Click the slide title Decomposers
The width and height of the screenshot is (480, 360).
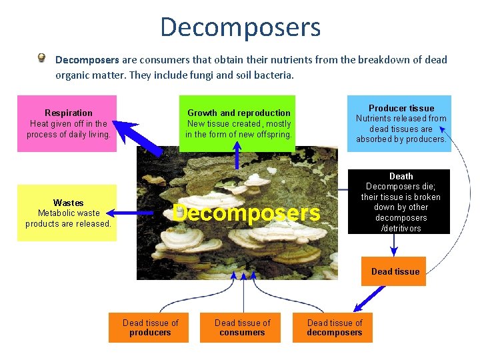point(240,27)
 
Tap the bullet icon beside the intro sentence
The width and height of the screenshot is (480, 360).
point(42,59)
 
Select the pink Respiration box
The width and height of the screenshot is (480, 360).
point(67,123)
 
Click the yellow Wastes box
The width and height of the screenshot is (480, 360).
point(67,213)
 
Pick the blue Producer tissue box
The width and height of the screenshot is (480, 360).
point(399,123)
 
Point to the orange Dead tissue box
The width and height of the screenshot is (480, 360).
point(394,271)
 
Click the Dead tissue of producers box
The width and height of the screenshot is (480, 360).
point(149,327)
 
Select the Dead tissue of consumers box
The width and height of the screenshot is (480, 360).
point(242,327)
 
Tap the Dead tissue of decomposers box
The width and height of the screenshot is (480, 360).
point(333,327)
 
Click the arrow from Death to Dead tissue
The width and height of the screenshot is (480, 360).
point(394,245)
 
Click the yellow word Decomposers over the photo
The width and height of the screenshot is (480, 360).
point(246,213)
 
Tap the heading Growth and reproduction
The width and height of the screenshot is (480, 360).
point(239,113)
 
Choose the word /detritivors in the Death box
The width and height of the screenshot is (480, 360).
point(401,229)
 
